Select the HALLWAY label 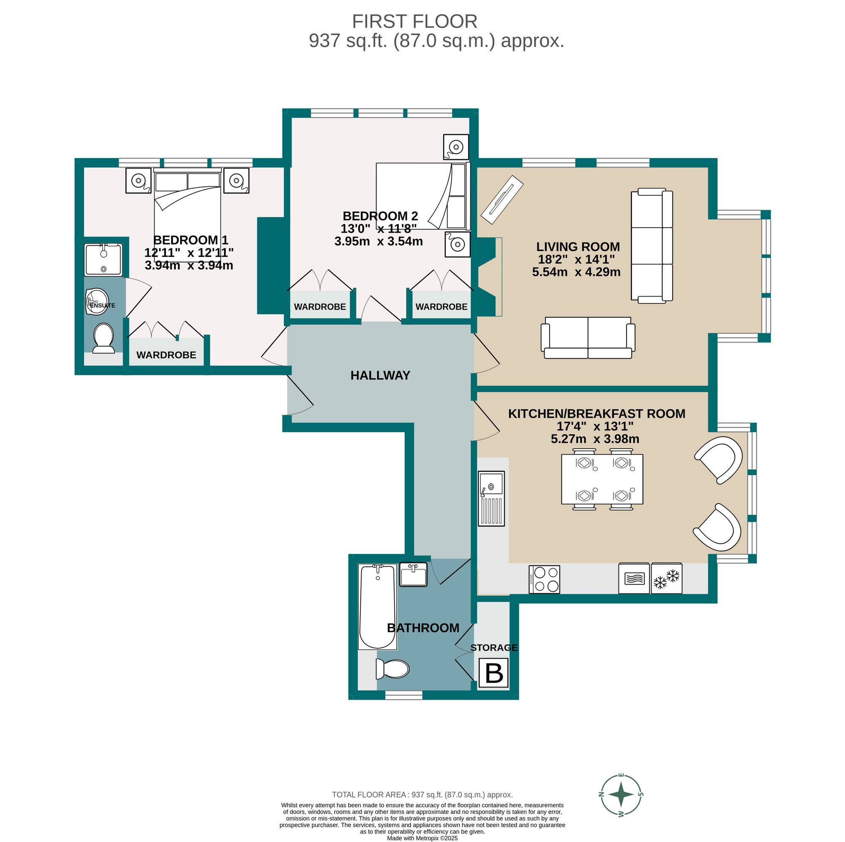(381, 375)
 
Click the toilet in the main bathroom (393, 669)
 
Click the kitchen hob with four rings (545, 579)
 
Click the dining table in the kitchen (602, 479)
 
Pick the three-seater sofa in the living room (651, 245)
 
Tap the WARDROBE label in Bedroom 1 (166, 355)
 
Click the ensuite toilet (104, 338)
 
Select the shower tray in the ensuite (103, 260)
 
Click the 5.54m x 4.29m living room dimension (576, 272)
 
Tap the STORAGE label (494, 647)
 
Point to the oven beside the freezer (634, 578)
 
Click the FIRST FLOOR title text (414, 22)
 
